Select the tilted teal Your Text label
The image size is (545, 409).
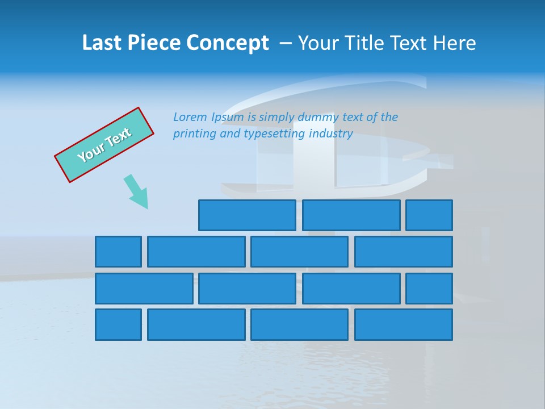click(x=104, y=145)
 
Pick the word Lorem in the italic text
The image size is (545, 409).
click(x=190, y=117)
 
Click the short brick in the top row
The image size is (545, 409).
click(x=429, y=215)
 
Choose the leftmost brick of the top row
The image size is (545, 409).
click(x=247, y=215)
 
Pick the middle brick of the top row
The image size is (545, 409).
click(x=351, y=215)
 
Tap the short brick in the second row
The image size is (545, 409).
click(x=118, y=252)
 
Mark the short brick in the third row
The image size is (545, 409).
click(x=429, y=289)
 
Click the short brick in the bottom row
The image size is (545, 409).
click(x=118, y=325)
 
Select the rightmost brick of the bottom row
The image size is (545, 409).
click(x=404, y=325)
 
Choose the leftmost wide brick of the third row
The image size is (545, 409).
click(x=144, y=289)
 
